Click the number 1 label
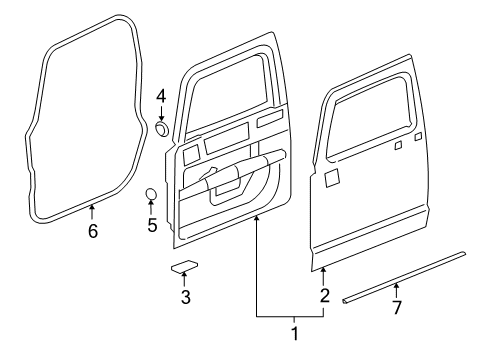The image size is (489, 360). [x=294, y=332]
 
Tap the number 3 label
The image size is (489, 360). [x=185, y=297]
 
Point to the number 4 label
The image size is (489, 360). [x=161, y=96]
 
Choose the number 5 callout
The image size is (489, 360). [x=152, y=225]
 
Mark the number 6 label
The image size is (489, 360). [x=93, y=229]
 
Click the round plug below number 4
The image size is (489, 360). [x=162, y=130]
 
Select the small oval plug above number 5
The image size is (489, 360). [x=152, y=194]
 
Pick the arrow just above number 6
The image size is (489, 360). [x=93, y=211]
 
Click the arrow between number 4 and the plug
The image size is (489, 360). [x=161, y=113]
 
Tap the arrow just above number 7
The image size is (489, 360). [x=396, y=290]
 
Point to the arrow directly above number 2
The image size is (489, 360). [x=324, y=275]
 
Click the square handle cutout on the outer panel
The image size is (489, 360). [x=333, y=176]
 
